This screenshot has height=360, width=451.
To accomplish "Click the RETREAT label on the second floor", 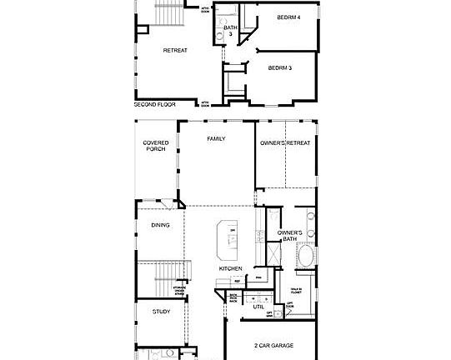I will click(175, 50).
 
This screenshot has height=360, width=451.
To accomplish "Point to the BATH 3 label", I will click(230, 31).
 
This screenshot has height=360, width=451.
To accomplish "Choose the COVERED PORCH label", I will click(156, 146).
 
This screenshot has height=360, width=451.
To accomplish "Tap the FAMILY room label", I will click(217, 138).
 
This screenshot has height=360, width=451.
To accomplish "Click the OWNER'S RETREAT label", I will click(285, 143).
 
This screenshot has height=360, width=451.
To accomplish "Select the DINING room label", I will click(160, 225).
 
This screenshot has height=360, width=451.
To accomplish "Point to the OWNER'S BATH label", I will click(289, 236).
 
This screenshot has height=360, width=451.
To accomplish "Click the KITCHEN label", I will click(231, 268).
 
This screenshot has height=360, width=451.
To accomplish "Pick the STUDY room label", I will click(162, 312).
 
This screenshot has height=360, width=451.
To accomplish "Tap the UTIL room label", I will click(258, 307).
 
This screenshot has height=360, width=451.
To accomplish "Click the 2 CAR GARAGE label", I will click(273, 345).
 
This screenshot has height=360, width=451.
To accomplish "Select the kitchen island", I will click(227, 240).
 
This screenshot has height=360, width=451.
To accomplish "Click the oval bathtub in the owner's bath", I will click(306, 257).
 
